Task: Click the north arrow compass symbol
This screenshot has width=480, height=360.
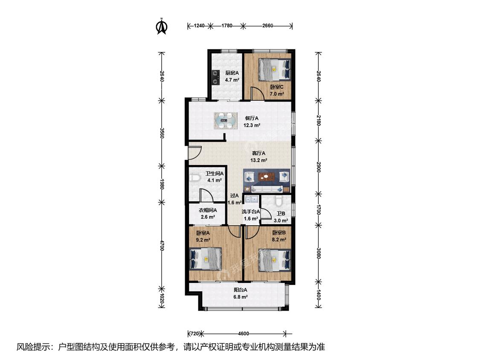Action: click(162, 26)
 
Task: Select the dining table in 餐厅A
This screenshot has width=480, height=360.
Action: click(227, 121)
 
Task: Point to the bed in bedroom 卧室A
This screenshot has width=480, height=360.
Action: click(206, 259)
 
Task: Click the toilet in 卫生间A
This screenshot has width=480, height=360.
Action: click(195, 177)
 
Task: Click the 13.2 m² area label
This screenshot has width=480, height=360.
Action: click(259, 160)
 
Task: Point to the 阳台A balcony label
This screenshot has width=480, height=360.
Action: click(241, 290)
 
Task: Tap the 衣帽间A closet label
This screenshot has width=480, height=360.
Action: click(208, 210)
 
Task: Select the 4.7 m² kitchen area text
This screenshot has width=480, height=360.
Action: click(232, 80)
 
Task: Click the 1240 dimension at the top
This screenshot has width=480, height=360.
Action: click(199, 26)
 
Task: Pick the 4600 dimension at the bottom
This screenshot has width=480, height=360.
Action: click(243, 334)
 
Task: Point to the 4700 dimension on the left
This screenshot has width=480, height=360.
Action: click(162, 245)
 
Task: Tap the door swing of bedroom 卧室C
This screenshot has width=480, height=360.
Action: click(258, 93)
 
